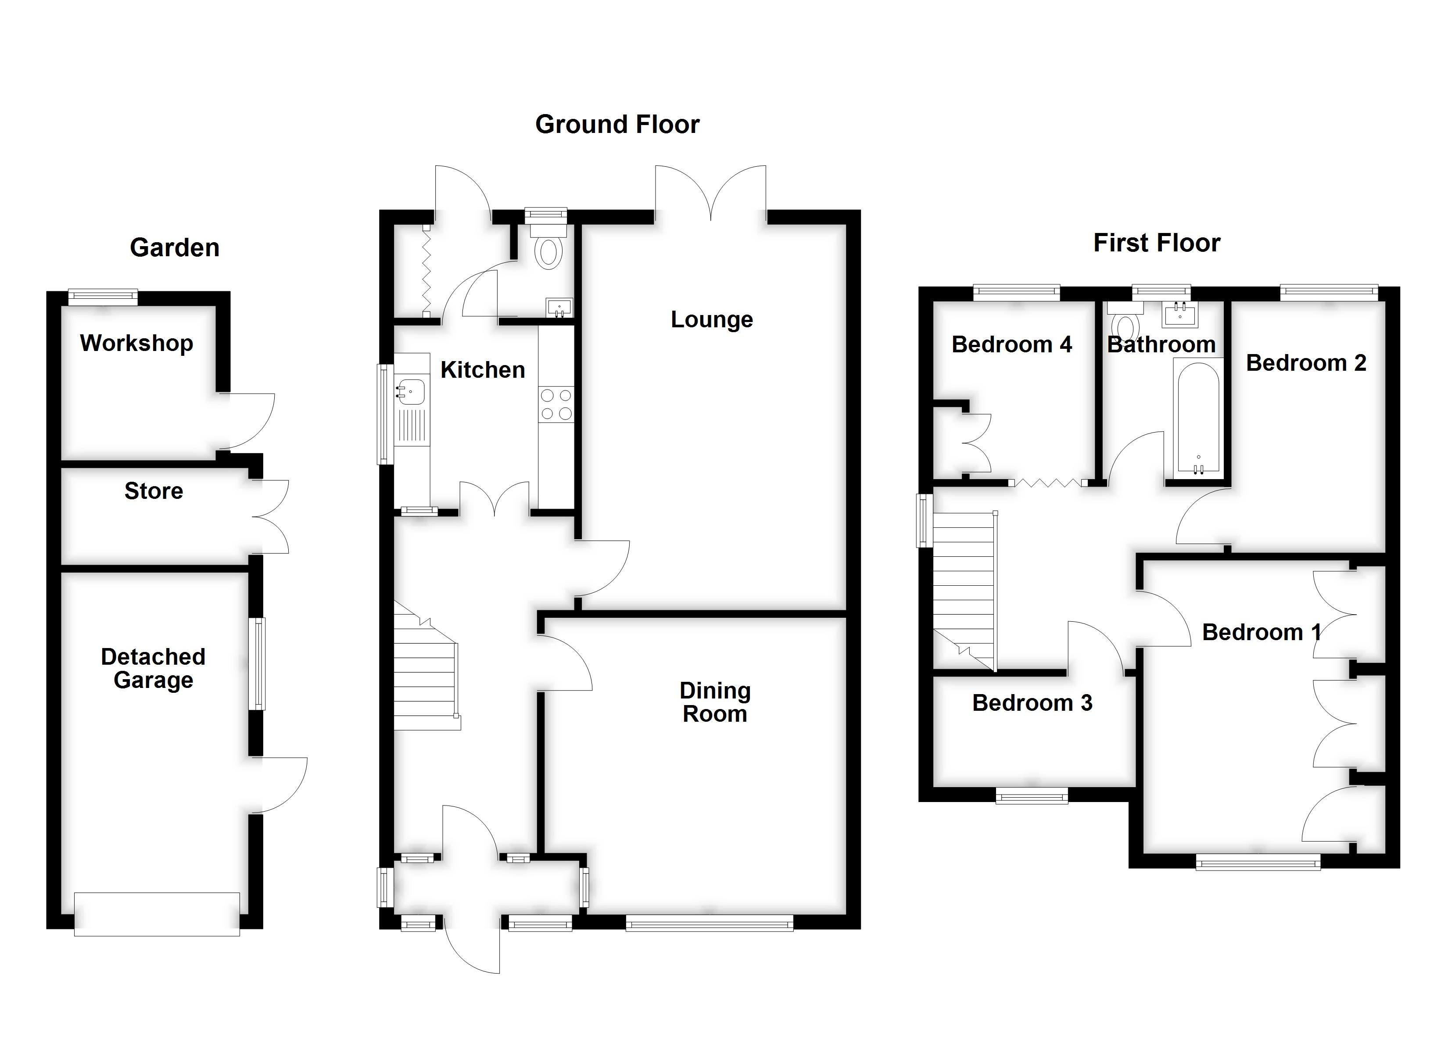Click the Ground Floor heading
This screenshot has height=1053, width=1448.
[x=617, y=125]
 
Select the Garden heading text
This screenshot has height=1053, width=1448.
[x=174, y=248]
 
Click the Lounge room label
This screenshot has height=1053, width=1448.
[x=711, y=319]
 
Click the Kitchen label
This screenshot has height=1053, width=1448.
[x=483, y=370]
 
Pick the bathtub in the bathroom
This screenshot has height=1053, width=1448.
[x=1198, y=418]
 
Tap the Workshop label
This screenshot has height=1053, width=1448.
[x=136, y=343]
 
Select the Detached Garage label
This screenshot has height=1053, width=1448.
[x=153, y=668]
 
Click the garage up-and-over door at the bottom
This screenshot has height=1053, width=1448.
[x=157, y=914]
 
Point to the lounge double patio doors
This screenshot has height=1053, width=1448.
[x=710, y=192]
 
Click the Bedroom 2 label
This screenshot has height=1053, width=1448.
[x=1306, y=363]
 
